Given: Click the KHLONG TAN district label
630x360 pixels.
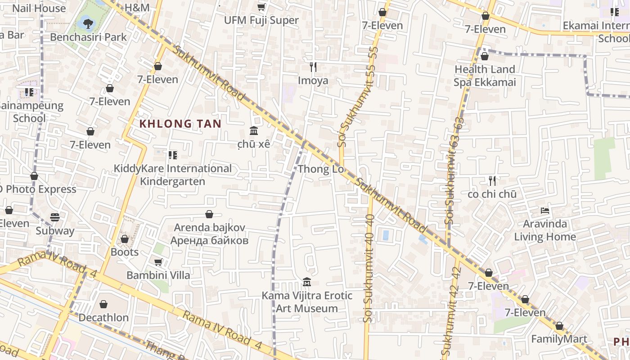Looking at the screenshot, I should click(x=180, y=124).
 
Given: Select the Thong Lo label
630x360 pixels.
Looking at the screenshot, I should click(x=321, y=169).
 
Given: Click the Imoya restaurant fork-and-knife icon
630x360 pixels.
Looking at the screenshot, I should click(x=313, y=67).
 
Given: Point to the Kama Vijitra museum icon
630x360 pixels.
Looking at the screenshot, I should click(x=307, y=282).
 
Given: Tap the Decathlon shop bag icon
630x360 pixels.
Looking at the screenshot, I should click(x=103, y=304).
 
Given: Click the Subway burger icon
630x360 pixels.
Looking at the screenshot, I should click(x=55, y=217).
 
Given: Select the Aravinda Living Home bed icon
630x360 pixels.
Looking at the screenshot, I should click(x=545, y=210).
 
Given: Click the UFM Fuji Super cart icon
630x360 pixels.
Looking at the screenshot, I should click(x=261, y=7).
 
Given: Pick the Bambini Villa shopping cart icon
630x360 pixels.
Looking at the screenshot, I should click(x=158, y=261).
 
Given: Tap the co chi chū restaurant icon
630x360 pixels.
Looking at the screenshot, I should click(x=492, y=181).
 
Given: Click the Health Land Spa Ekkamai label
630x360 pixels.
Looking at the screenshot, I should click(x=485, y=76).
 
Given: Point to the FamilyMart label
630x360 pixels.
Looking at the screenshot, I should click(x=559, y=339).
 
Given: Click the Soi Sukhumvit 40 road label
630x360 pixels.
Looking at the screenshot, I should click(x=369, y=268).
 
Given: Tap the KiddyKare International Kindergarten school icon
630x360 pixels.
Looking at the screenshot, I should click(x=172, y=155).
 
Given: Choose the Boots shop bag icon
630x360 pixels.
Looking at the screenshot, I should click(x=125, y=239).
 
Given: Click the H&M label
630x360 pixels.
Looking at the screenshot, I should click(x=137, y=8).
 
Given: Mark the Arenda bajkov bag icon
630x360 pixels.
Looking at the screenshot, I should click(x=209, y=214).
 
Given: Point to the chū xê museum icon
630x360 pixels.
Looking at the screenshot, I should click(x=254, y=131).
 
